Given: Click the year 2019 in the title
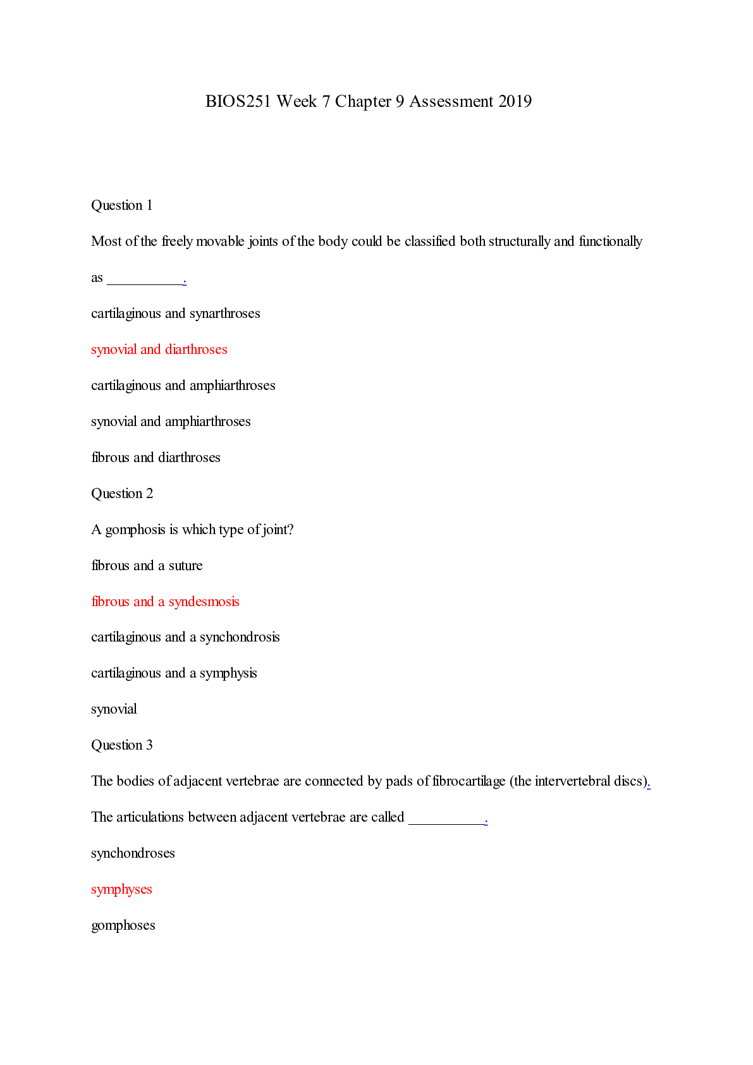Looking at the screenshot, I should click(515, 102).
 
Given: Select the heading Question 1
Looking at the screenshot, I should click(122, 205).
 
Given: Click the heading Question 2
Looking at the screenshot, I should click(122, 494).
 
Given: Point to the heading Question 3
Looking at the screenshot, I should click(122, 745).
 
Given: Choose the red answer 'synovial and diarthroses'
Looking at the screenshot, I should click(159, 350).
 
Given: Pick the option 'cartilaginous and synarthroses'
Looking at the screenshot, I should click(176, 313).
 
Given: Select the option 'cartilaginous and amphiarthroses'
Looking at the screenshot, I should click(183, 386).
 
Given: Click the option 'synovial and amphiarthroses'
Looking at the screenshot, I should click(171, 422).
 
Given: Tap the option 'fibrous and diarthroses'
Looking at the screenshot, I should click(156, 458).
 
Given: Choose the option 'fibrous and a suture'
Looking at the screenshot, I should click(147, 566).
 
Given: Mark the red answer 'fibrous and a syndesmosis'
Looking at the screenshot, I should click(165, 602).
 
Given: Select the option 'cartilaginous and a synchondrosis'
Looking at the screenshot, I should click(185, 637).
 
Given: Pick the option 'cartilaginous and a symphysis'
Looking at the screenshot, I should click(174, 673).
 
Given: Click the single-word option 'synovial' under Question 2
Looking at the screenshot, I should click(114, 709).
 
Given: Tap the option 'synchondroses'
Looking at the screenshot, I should click(133, 853).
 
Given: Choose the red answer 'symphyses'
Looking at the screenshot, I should click(121, 889).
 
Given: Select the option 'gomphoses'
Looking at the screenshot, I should click(123, 925).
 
